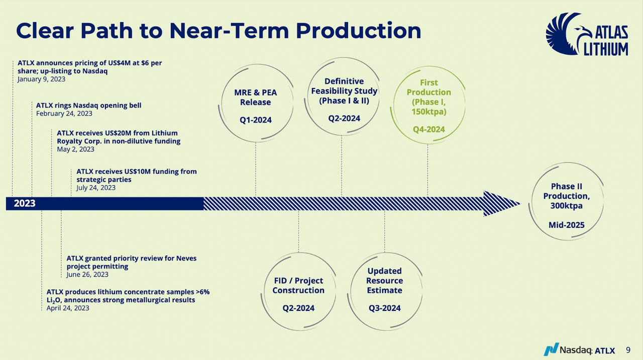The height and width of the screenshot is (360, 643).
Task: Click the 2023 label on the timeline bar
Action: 25,203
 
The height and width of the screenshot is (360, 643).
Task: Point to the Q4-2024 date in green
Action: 428,130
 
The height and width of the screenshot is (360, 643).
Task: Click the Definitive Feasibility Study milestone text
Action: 344,91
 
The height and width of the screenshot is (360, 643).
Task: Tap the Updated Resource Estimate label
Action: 384,281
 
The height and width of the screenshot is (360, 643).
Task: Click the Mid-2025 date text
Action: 566,225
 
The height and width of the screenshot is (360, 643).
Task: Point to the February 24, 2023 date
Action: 64,113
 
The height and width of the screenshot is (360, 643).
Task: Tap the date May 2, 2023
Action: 75,149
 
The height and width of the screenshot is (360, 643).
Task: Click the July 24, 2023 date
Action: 96,188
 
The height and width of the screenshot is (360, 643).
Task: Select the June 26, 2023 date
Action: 87,275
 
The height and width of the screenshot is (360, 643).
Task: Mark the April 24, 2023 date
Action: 68,308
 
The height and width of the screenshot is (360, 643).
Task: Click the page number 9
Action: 628,349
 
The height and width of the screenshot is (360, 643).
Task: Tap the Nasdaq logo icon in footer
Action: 551,349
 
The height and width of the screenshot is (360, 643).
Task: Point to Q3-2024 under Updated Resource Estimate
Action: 384,308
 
